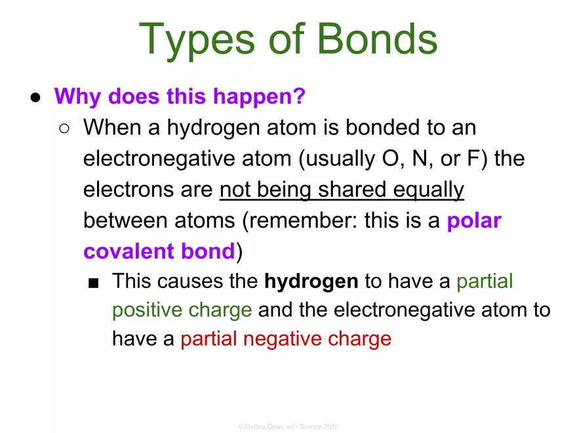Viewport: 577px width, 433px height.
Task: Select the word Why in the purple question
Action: tap(79, 97)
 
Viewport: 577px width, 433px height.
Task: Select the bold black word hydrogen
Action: tap(311, 282)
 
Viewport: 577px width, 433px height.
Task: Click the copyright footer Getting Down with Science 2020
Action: tap(288, 426)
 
